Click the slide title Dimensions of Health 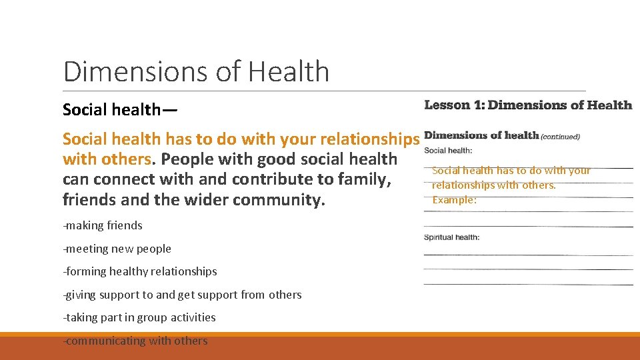click(x=196, y=71)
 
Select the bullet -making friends click(x=103, y=225)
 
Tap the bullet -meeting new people click(x=117, y=249)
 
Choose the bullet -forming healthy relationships click(x=140, y=271)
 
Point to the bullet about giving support click(x=182, y=295)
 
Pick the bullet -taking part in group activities click(x=139, y=317)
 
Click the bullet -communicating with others click(x=135, y=341)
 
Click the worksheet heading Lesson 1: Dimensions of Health click(x=528, y=105)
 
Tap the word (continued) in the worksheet click(x=560, y=137)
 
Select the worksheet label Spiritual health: click(x=452, y=237)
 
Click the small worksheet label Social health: click(x=448, y=151)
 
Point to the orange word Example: click(x=454, y=200)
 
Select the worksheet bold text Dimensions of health click(x=481, y=135)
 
